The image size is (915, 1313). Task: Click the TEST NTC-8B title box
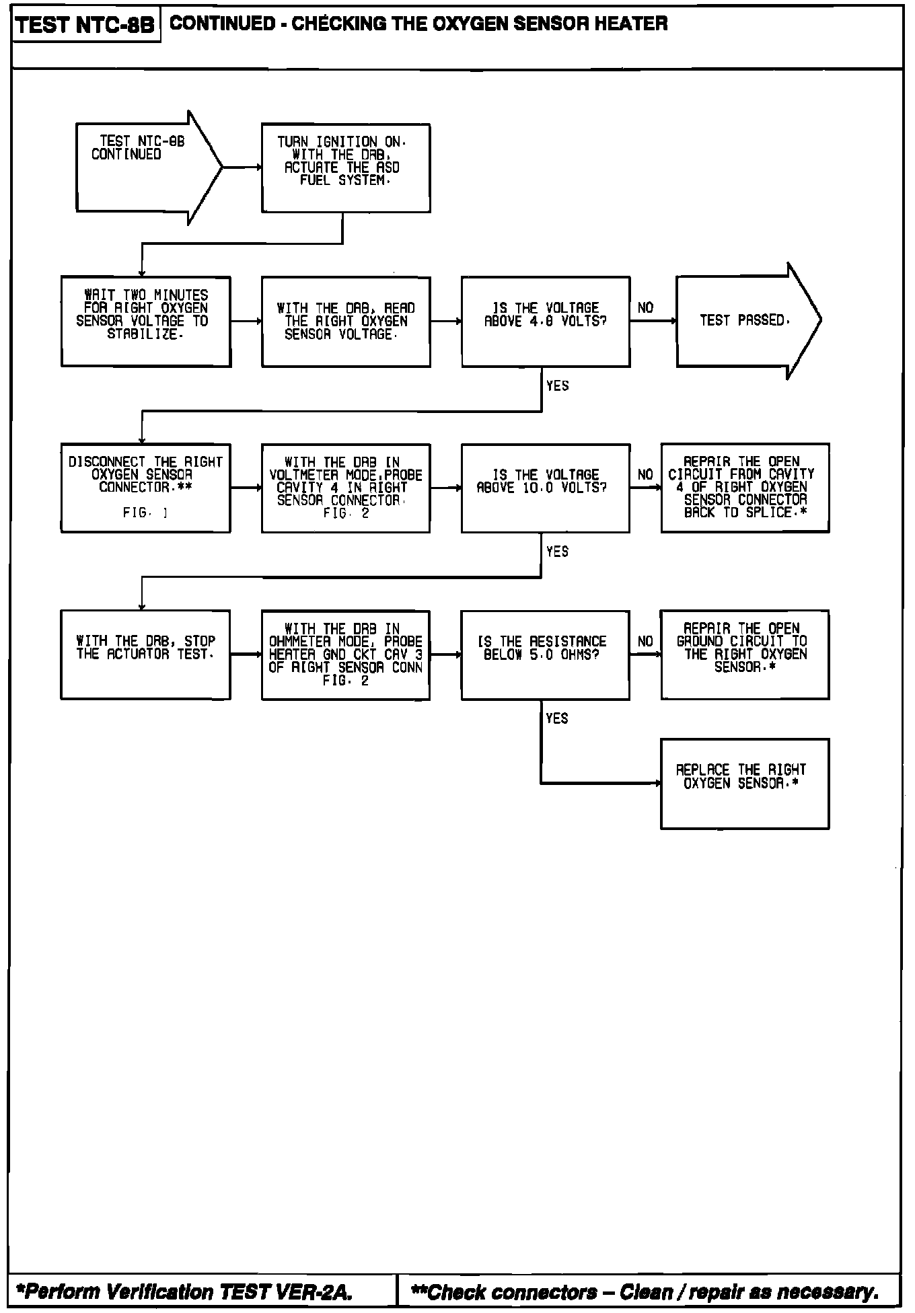pyautogui.click(x=85, y=26)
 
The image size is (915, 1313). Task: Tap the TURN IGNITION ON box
pyautogui.click(x=345, y=167)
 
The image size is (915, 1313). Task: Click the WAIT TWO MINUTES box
pyautogui.click(x=145, y=321)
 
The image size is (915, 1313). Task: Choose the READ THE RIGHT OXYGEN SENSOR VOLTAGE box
pyautogui.click(x=345, y=321)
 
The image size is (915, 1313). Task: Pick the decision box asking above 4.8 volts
pyautogui.click(x=545, y=321)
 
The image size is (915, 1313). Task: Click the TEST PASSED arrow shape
pyautogui.click(x=744, y=321)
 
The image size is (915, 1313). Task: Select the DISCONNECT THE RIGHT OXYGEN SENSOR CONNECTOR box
pyautogui.click(x=145, y=488)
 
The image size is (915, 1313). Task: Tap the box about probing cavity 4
pyautogui.click(x=345, y=488)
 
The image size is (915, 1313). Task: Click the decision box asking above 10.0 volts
pyautogui.click(x=545, y=488)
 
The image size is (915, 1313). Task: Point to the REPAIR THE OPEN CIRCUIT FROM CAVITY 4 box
pyautogui.click(x=744, y=488)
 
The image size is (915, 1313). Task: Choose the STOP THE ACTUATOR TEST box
pyautogui.click(x=145, y=654)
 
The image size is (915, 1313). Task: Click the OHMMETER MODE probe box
pyautogui.click(x=345, y=654)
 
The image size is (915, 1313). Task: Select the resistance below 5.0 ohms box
pyautogui.click(x=545, y=654)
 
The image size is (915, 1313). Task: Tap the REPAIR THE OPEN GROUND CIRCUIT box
pyautogui.click(x=744, y=654)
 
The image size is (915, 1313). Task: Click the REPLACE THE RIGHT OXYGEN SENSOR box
pyautogui.click(x=744, y=783)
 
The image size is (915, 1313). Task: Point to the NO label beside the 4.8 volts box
pyautogui.click(x=645, y=308)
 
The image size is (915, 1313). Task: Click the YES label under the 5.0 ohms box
pyautogui.click(x=557, y=718)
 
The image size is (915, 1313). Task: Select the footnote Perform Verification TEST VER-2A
pyautogui.click(x=184, y=1291)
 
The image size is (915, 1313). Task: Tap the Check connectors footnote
pyautogui.click(x=645, y=1291)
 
